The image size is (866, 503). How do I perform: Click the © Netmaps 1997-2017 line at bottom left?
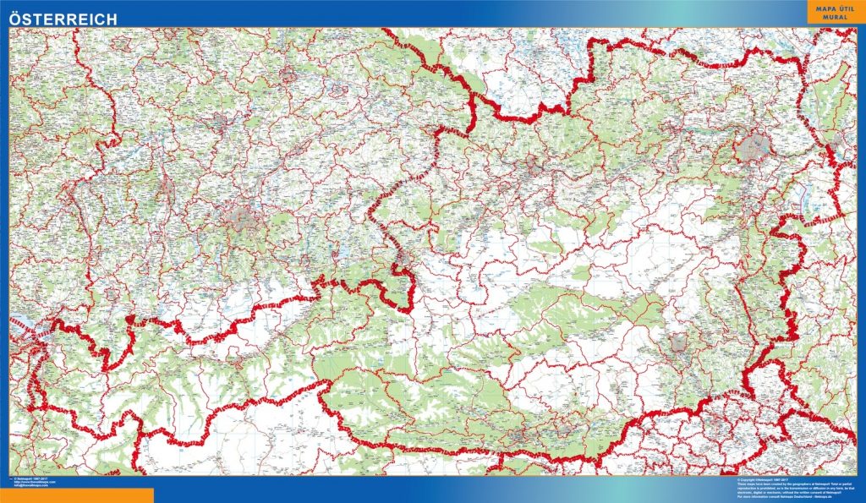coord(31,478)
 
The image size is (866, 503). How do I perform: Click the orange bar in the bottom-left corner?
coord(76,495)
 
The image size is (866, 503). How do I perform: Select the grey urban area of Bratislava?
coord(837,152)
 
